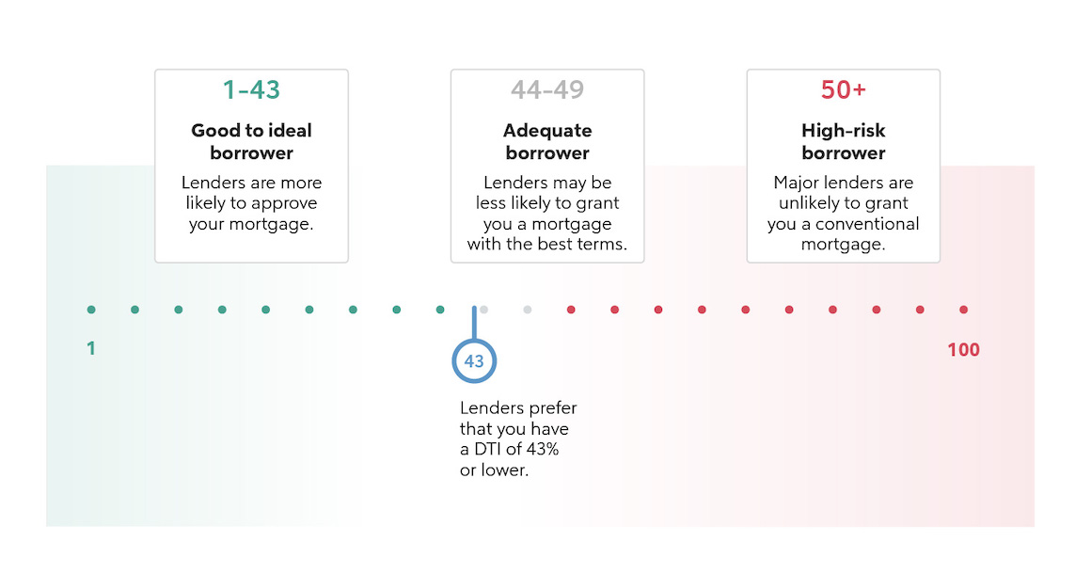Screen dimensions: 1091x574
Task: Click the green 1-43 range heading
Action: (x=251, y=89)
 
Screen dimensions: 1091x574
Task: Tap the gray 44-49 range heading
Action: (x=546, y=89)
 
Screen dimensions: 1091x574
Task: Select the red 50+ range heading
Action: (x=844, y=89)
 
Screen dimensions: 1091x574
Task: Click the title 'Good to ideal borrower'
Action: (x=251, y=141)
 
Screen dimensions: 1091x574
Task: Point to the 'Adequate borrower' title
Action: (x=547, y=141)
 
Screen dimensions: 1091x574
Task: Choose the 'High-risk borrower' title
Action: (x=844, y=141)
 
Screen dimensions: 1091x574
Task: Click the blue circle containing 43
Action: (x=474, y=361)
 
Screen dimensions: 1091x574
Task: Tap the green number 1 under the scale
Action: (x=90, y=348)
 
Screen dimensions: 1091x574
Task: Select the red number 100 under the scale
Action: (x=963, y=349)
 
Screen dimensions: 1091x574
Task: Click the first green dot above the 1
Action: (x=91, y=310)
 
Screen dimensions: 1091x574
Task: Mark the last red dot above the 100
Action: (x=964, y=310)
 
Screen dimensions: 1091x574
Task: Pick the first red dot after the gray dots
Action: (x=571, y=310)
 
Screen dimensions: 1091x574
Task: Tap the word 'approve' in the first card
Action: (x=284, y=203)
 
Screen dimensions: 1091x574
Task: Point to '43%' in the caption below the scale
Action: (x=543, y=450)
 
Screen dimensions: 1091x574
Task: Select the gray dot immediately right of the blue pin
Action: (x=483, y=310)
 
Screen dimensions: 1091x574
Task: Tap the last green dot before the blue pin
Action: (x=440, y=310)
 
